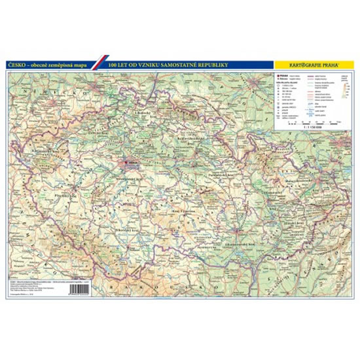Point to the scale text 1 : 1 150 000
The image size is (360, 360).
pos(313,133)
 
